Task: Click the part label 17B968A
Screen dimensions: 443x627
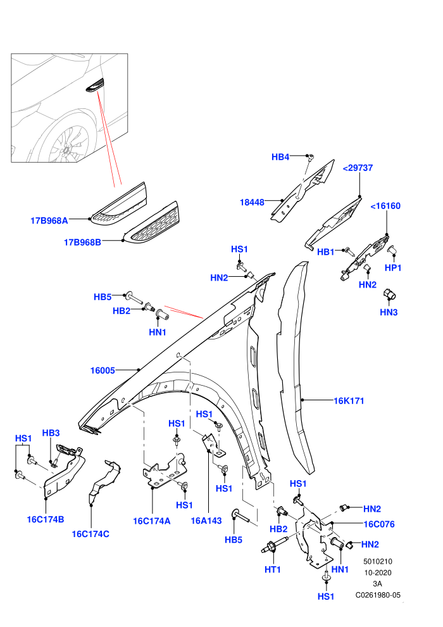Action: [49, 220]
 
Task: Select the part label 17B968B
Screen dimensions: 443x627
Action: [82, 243]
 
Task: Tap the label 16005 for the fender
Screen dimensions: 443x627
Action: [103, 370]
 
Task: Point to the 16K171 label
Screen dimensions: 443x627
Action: [349, 401]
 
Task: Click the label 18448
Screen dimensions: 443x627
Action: [252, 202]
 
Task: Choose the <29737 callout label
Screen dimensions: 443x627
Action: [358, 168]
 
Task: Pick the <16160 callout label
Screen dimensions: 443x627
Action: [385, 206]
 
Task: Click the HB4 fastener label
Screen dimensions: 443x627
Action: [280, 157]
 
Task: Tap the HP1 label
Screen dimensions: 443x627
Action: [393, 268]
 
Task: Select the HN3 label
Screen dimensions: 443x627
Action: [389, 312]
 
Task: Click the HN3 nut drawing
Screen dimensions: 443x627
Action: [389, 294]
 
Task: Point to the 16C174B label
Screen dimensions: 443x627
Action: [46, 519]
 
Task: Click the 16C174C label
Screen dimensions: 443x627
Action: [90, 534]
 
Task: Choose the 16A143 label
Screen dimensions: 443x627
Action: [206, 521]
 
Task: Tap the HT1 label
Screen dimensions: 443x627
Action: [273, 569]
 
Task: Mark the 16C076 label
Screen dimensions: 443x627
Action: [379, 524]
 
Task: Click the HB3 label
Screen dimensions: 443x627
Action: [51, 433]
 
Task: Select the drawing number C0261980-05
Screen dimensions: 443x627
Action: [378, 595]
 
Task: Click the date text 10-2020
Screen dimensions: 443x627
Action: [378, 573]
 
